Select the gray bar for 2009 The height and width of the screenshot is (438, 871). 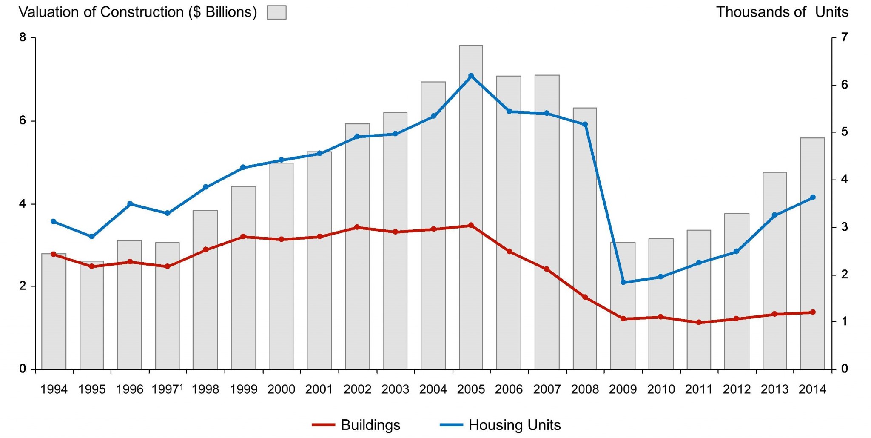coord(623,332)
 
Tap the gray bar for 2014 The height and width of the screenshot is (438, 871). coord(812,255)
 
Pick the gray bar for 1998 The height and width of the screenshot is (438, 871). coord(205,298)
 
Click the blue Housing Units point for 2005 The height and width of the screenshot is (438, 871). coord(471,76)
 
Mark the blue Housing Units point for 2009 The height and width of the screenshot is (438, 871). coord(623,282)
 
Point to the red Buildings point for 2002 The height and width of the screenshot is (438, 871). coord(357,227)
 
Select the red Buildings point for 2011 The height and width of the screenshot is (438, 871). coord(699,323)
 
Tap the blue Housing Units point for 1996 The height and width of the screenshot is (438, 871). coord(130,204)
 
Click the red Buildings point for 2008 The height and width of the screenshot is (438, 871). coord(585,297)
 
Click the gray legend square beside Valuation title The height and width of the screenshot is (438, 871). coord(276,12)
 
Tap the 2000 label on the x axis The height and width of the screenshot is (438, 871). coord(281,389)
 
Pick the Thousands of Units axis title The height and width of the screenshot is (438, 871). coord(782,12)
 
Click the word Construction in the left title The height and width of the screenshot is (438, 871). coord(142,12)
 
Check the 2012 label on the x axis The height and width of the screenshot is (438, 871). coord(737,389)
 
